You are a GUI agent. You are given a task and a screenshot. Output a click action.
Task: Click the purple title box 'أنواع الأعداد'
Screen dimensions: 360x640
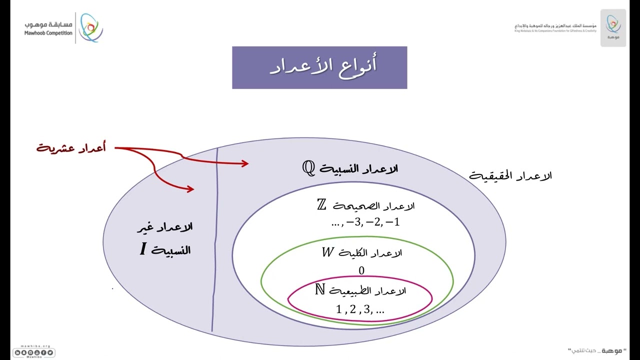click(x=319, y=67)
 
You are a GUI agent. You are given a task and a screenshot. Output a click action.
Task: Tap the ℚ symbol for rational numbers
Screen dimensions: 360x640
click(x=308, y=168)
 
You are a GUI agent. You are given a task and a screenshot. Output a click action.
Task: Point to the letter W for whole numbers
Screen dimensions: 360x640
click(x=327, y=252)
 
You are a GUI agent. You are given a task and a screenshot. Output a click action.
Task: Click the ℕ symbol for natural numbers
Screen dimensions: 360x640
click(x=320, y=289)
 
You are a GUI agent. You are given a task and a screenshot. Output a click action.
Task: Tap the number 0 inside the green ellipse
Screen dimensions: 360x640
click(x=361, y=270)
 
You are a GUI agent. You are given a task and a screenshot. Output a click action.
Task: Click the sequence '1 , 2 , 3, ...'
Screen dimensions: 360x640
click(x=360, y=309)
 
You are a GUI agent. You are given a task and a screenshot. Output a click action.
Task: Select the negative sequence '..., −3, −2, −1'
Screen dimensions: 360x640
click(x=365, y=223)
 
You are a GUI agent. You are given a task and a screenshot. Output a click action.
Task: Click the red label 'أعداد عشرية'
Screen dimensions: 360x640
click(x=71, y=148)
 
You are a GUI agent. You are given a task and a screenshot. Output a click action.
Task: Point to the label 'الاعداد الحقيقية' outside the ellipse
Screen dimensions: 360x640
click(x=510, y=176)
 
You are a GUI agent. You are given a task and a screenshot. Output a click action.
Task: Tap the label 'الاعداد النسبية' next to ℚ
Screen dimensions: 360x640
click(x=358, y=169)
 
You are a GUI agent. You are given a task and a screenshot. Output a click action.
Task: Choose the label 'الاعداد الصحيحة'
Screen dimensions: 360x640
click(x=373, y=206)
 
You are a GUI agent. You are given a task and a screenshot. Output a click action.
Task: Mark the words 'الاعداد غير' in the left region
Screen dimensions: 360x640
click(x=165, y=227)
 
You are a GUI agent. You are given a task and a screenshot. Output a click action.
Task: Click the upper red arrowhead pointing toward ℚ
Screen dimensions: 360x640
click(x=244, y=163)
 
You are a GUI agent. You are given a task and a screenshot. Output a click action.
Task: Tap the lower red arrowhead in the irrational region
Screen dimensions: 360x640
click(x=190, y=188)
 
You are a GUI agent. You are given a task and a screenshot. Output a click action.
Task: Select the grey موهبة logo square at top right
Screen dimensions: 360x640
click(x=613, y=28)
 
